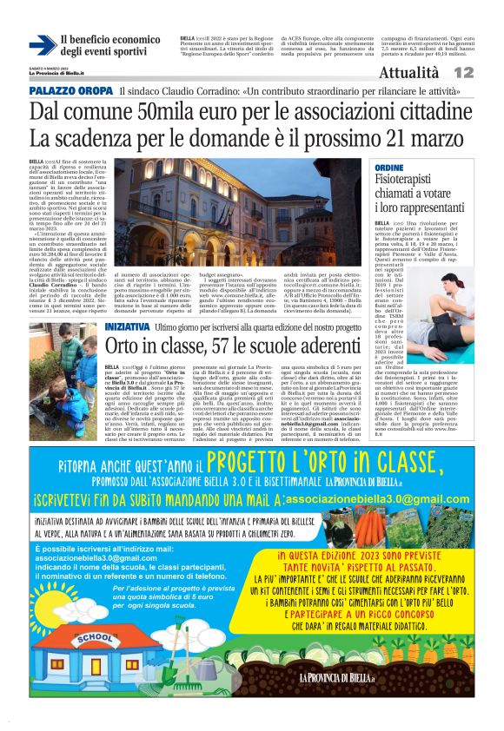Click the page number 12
click(487, 74)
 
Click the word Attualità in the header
click(410, 74)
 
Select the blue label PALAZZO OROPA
click(70, 91)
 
